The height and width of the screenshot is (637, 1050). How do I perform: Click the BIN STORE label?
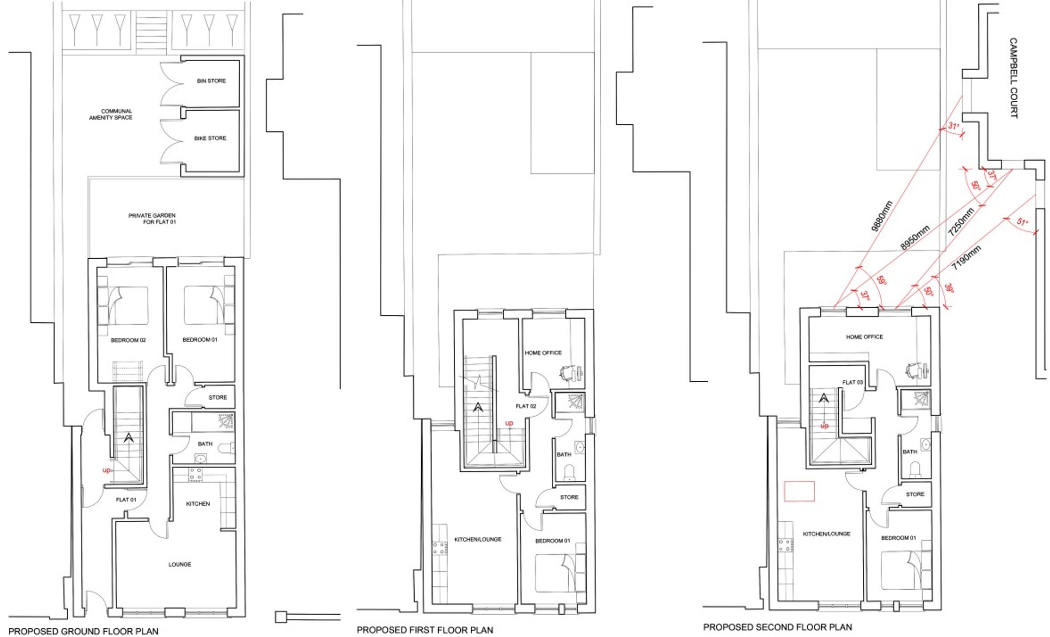pyautogui.click(x=211, y=81)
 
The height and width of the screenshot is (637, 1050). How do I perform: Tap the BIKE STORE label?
pyautogui.click(x=210, y=138)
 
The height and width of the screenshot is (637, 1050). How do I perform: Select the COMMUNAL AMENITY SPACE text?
pyautogui.click(x=111, y=114)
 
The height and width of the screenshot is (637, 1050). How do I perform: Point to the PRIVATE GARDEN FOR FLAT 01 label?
pyautogui.click(x=152, y=219)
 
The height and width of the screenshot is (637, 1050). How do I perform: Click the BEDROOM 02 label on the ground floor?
pyautogui.click(x=128, y=340)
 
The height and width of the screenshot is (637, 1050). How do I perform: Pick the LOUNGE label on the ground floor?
pyautogui.click(x=180, y=565)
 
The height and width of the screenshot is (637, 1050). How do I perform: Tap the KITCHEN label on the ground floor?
pyautogui.click(x=198, y=504)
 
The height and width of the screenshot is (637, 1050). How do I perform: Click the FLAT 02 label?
pyautogui.click(x=526, y=406)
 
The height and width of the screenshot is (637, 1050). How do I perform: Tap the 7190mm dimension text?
pyautogui.click(x=966, y=257)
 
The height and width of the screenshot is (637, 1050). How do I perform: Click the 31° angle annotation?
pyautogui.click(x=954, y=127)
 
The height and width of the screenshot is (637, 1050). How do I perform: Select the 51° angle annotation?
pyautogui.click(x=1022, y=222)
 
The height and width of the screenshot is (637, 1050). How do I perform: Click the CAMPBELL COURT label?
pyautogui.click(x=1014, y=78)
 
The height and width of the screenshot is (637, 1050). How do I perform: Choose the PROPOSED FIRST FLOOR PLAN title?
pyautogui.click(x=425, y=630)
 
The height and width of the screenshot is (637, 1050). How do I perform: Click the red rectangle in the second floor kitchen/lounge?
pyautogui.click(x=799, y=491)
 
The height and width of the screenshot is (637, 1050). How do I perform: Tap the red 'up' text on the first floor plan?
pyautogui.click(x=509, y=423)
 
